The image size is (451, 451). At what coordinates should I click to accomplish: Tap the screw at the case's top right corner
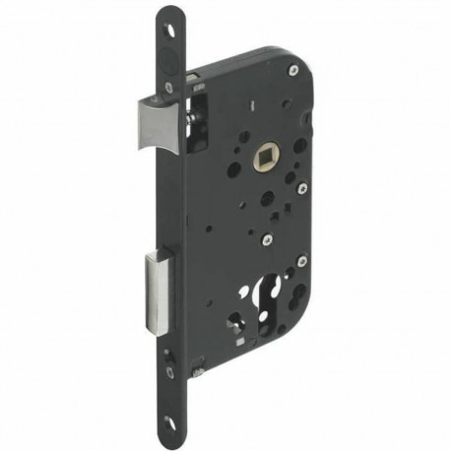291,71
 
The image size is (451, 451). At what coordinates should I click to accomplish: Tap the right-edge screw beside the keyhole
300,261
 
